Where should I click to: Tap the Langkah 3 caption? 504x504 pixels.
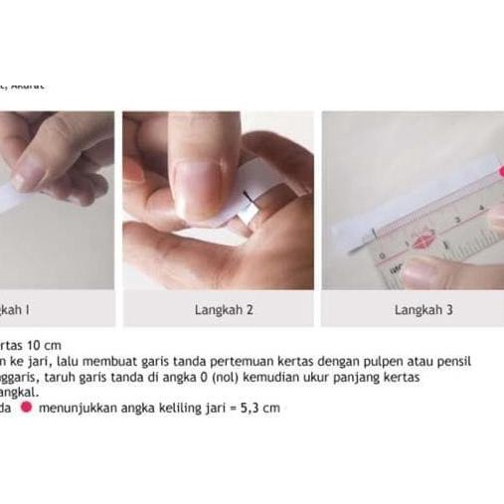pyautogui.click(x=423, y=310)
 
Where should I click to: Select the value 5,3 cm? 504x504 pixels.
pyautogui.click(x=263, y=408)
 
